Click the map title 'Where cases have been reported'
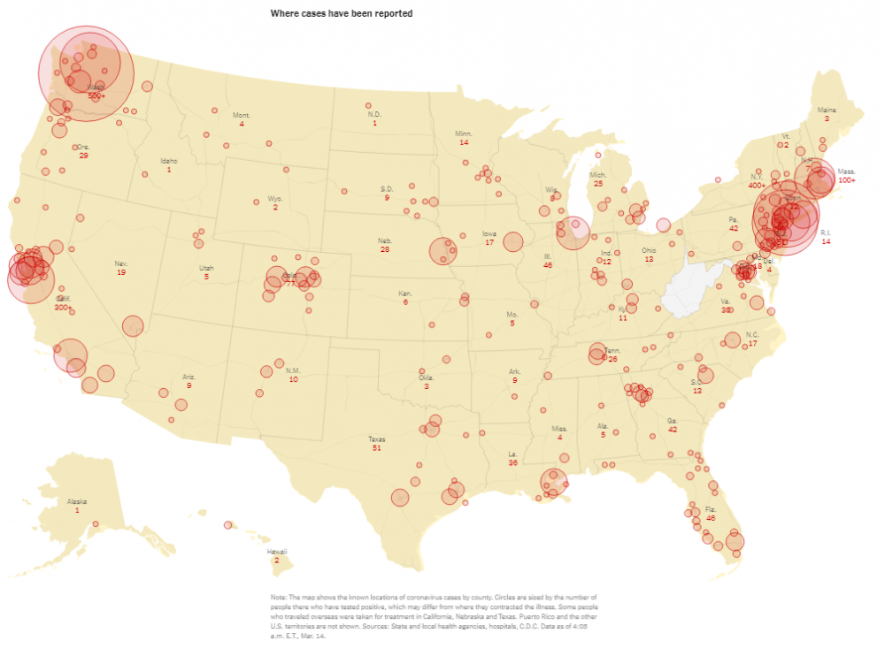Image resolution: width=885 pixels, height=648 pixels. coord(341,14)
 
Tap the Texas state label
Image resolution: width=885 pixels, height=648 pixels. coord(377,439)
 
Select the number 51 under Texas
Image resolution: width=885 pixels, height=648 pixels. coord(377,448)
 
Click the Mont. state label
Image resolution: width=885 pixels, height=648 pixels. coord(242,116)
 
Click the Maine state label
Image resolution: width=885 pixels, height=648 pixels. coord(827,110)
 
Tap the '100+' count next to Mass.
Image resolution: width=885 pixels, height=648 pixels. coord(847,180)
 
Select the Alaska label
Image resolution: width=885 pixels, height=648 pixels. coord(77,501)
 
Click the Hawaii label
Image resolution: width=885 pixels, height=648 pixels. coord(277,552)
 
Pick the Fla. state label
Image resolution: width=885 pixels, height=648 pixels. coord(711,510)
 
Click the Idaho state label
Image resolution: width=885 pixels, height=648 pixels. coord(168,161)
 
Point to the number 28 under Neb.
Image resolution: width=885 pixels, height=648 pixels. coord(385,249)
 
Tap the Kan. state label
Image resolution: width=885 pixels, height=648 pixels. coord(405,294)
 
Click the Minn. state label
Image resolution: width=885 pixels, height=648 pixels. coord(464,133)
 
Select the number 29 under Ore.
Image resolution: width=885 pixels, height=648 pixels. coord(83,156)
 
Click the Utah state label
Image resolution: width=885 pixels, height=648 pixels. coord(206,268)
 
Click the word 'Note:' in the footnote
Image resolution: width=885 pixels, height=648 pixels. coord(280,598)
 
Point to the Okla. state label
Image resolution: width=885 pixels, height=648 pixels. coord(426,377)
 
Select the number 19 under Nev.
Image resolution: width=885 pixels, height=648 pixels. coord(121,272)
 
